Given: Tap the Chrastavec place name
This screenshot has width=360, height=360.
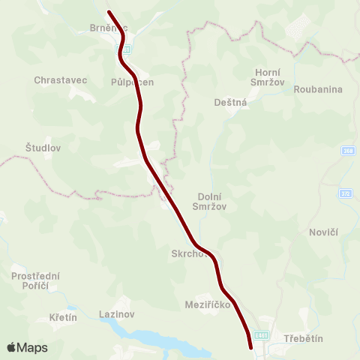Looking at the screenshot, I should coord(55,79).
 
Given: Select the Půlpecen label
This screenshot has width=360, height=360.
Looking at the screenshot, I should coord(132,82).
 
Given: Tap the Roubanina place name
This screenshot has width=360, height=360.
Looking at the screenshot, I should coord(318,89).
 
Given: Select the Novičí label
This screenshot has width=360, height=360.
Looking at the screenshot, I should coord(323,232).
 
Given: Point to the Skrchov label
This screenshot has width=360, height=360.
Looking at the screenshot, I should coord(188,253).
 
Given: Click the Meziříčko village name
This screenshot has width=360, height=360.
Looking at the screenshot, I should coord(205,305).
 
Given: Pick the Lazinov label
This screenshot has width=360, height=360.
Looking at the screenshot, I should coord(116,314).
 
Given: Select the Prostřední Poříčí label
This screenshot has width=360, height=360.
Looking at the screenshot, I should coord(35,281).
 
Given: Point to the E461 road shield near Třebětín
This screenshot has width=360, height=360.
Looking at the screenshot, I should coord(261,335).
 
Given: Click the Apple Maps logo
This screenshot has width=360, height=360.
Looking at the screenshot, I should coord(27,347).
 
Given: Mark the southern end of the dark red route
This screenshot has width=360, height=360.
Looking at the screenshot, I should coord(250,347).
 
